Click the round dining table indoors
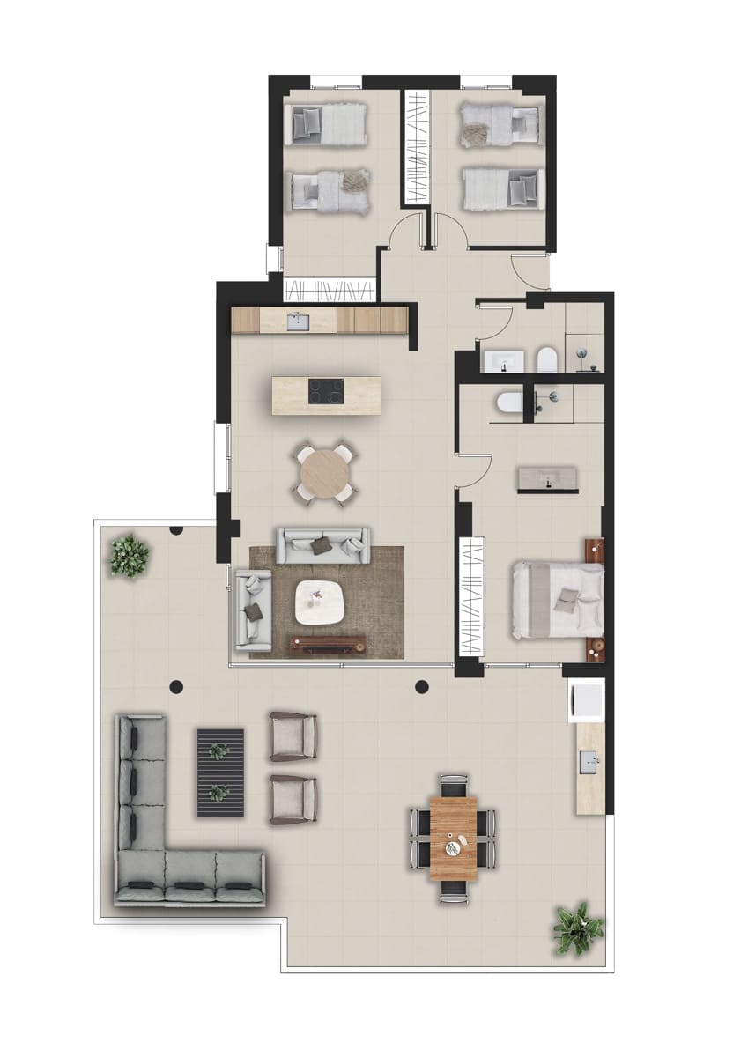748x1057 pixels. tap(325, 476)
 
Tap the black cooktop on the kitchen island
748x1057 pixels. tap(326, 389)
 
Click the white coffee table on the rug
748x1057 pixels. tap(320, 603)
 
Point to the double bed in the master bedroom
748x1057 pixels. tap(558, 599)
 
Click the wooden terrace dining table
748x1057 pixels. tap(454, 838)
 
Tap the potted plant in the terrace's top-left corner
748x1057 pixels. tap(130, 555)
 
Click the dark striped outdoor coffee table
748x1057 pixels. tap(219, 772)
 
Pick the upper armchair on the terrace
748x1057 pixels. tap(293, 736)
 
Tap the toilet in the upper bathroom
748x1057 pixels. tap(545, 358)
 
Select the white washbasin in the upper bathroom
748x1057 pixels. tap(502, 359)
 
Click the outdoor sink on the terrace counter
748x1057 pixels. tap(589, 758)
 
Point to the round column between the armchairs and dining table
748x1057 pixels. tap(421, 687)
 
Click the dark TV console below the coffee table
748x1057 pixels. tap(328, 645)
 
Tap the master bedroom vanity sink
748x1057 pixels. tap(548, 479)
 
